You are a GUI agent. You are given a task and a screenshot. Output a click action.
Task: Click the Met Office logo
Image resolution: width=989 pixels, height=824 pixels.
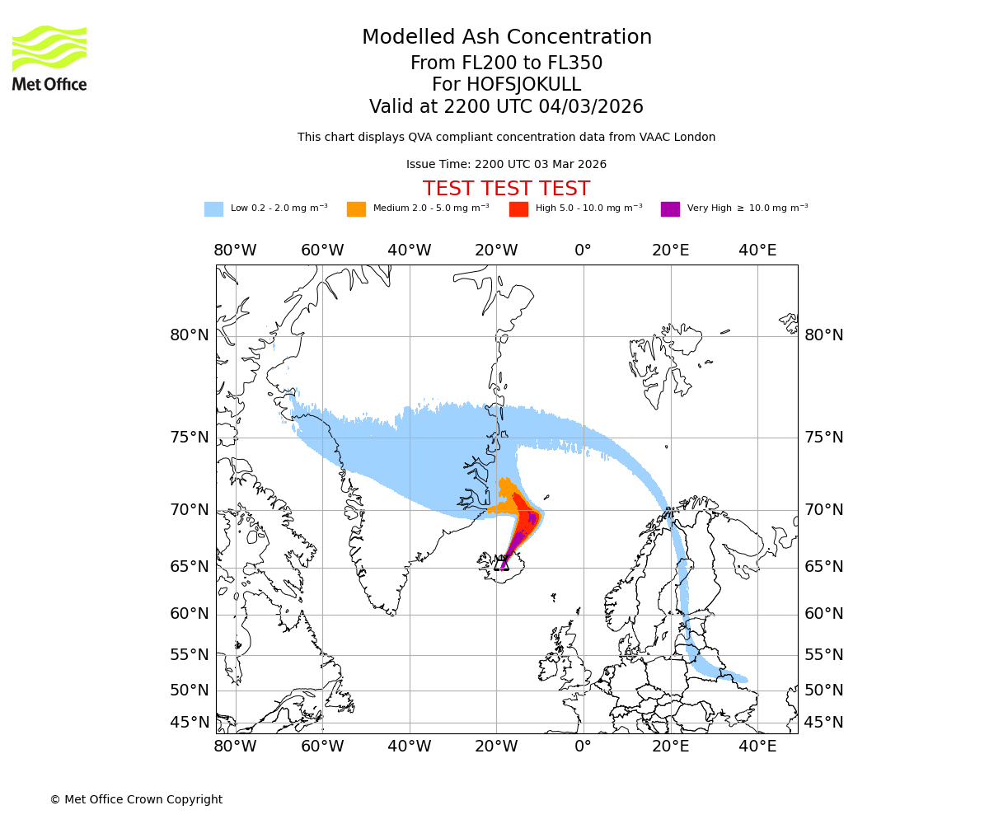(49, 58)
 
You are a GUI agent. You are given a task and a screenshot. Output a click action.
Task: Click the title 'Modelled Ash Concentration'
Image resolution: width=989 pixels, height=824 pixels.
(507, 37)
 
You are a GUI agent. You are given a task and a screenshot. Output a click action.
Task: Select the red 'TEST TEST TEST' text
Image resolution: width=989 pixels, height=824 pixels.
(506, 189)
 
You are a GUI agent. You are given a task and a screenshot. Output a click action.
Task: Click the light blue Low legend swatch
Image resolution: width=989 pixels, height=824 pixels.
(213, 208)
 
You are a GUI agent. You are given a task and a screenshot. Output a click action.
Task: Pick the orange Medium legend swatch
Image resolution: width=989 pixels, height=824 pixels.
(356, 208)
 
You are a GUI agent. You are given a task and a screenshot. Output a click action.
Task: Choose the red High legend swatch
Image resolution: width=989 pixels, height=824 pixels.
(518, 208)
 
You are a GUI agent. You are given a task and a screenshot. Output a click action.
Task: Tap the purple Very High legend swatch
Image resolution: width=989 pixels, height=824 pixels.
(670, 208)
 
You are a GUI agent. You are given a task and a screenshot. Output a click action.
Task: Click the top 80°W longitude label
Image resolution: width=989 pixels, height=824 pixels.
(235, 250)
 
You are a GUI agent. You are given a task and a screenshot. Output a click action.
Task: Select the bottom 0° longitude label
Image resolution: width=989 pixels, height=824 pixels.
(584, 747)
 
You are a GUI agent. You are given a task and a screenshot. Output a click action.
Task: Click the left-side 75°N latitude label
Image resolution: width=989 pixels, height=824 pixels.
(190, 438)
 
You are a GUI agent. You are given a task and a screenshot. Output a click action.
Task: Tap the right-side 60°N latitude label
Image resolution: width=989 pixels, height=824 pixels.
(824, 614)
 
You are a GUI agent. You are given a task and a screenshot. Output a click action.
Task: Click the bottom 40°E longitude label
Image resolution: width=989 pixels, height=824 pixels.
(757, 747)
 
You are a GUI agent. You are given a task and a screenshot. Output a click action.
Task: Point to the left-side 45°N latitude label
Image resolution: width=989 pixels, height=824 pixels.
(190, 723)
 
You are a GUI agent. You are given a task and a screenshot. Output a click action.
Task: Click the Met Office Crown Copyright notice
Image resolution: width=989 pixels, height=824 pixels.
(136, 799)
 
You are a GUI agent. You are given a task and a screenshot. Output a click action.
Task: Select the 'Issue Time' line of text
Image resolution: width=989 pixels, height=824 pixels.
(506, 164)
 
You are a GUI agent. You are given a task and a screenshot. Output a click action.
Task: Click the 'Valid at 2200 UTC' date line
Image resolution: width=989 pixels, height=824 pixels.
(506, 107)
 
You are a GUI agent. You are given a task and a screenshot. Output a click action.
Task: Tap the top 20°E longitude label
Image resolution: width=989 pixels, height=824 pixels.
(670, 250)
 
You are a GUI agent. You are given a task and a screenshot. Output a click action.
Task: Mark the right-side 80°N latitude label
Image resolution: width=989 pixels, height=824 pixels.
(824, 335)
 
